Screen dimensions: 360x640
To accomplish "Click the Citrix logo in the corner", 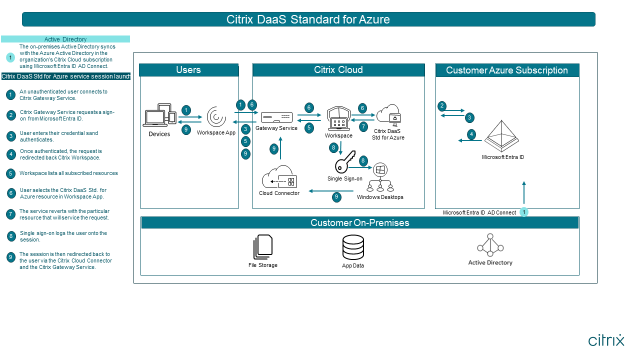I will tap(606, 340).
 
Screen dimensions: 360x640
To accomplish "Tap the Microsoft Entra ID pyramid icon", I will tap(503, 135).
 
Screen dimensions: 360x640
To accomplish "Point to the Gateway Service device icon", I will tap(276, 117).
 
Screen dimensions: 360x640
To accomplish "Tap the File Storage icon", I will tap(263, 247).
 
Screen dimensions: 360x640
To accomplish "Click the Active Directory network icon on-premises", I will tap(490, 245).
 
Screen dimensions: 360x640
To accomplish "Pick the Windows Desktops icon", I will tap(380, 178).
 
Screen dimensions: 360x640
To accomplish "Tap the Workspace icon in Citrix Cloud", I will tap(338, 119).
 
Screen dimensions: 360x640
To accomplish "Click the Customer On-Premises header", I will tap(359, 223).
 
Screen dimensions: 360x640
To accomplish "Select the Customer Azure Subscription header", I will tap(507, 70).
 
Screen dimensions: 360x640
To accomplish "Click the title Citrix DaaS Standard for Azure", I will tap(308, 19).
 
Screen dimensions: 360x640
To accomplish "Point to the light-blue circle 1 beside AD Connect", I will tap(523, 212).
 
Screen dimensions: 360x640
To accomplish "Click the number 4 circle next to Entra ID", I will tap(471, 134).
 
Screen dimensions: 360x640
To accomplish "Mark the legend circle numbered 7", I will tap(10, 214).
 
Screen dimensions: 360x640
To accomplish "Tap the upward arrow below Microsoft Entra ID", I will tap(524, 192).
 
